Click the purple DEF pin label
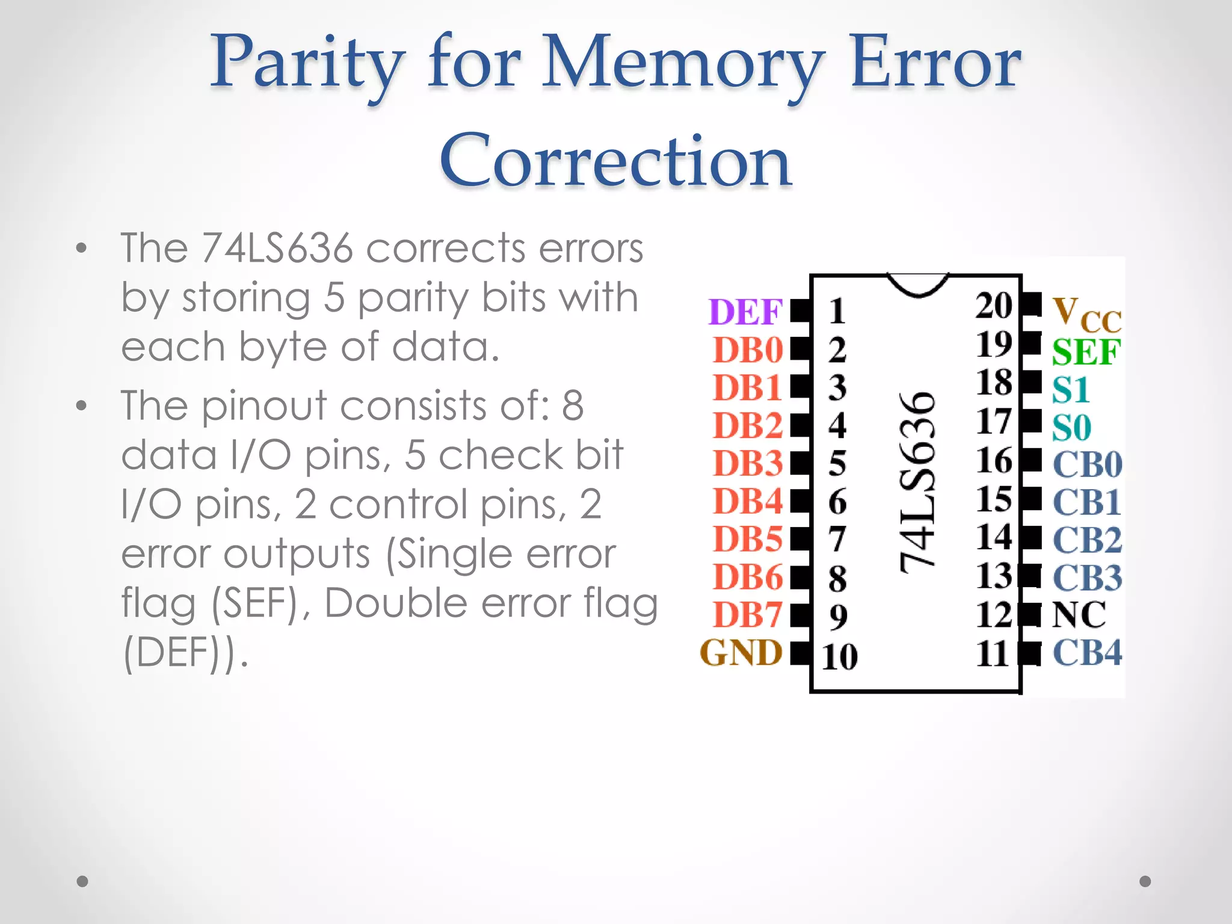coord(745,312)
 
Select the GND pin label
coord(741,653)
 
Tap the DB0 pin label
coord(748,350)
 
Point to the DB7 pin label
coord(748,615)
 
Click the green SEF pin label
coord(1086,352)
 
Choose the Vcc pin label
coord(1086,314)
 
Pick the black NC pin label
coord(1079,615)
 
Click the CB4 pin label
coord(1087,653)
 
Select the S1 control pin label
coord(1071,390)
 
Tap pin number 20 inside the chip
coord(994,306)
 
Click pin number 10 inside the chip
coord(839,656)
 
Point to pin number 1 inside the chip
coord(837,312)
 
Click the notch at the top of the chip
coord(918,285)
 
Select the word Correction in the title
coord(615,161)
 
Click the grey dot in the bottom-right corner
coord(1145,881)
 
